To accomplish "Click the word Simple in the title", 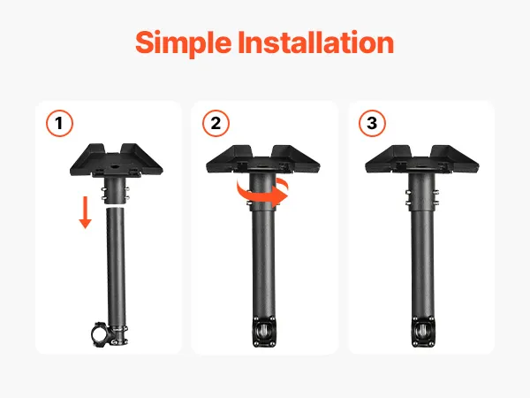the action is (x=184, y=43).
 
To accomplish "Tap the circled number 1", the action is (x=59, y=123).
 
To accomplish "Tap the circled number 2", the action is (x=216, y=123).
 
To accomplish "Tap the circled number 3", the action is (x=372, y=123).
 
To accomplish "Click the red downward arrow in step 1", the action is (x=85, y=212).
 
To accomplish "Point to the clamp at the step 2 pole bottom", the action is (x=264, y=332).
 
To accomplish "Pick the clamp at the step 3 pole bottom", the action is (x=423, y=332).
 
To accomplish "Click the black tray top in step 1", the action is (x=117, y=160).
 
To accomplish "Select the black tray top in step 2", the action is (x=263, y=159).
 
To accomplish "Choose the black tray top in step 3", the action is (x=422, y=159).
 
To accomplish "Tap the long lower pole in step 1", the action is (x=117, y=267).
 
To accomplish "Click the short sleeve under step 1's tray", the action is (x=116, y=190).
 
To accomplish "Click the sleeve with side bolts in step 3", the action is (x=422, y=192).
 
